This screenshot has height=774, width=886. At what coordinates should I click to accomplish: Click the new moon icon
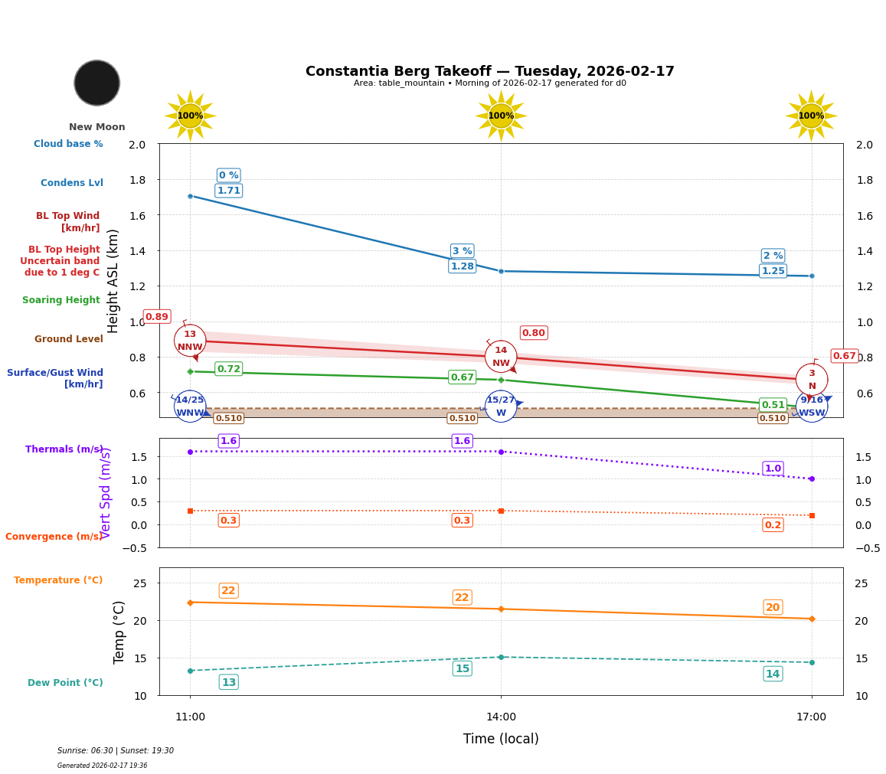pyautogui.click(x=97, y=83)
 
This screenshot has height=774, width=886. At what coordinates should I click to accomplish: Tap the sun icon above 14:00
pyautogui.click(x=501, y=116)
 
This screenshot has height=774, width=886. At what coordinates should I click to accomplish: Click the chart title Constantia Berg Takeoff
pyautogui.click(x=489, y=71)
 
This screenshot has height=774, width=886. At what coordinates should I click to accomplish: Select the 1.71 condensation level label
pyautogui.click(x=228, y=191)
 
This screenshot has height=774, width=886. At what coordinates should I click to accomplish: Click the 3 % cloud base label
pyautogui.click(x=462, y=251)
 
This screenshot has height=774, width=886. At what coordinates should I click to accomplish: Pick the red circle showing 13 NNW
pyautogui.click(x=190, y=341)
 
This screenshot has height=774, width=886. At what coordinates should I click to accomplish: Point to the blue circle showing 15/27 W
pyautogui.click(x=501, y=407)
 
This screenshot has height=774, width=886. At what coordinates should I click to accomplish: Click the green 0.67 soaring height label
pyautogui.click(x=462, y=377)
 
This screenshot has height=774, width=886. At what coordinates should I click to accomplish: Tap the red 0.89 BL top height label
pyautogui.click(x=157, y=317)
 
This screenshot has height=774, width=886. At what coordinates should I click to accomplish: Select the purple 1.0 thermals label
pyautogui.click(x=773, y=469)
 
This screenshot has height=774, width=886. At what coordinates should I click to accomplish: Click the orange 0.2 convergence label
pyautogui.click(x=773, y=525)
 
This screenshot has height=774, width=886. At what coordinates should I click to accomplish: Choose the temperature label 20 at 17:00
pyautogui.click(x=773, y=607)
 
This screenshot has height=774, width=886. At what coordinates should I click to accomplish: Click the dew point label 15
pyautogui.click(x=462, y=668)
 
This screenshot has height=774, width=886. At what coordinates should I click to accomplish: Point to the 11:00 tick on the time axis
pyautogui.click(x=190, y=717)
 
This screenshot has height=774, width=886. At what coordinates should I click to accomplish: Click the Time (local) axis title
pyautogui.click(x=501, y=739)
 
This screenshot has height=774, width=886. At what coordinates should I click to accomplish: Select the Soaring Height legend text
pyautogui.click(x=61, y=300)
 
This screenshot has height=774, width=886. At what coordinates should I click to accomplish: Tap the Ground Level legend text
pyautogui.click(x=68, y=339)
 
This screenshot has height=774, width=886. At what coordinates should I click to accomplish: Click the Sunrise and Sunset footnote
pyautogui.click(x=116, y=751)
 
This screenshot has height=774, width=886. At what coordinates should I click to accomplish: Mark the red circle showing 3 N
pyautogui.click(x=812, y=380)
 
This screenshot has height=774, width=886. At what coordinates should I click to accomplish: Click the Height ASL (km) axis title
pyautogui.click(x=114, y=280)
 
